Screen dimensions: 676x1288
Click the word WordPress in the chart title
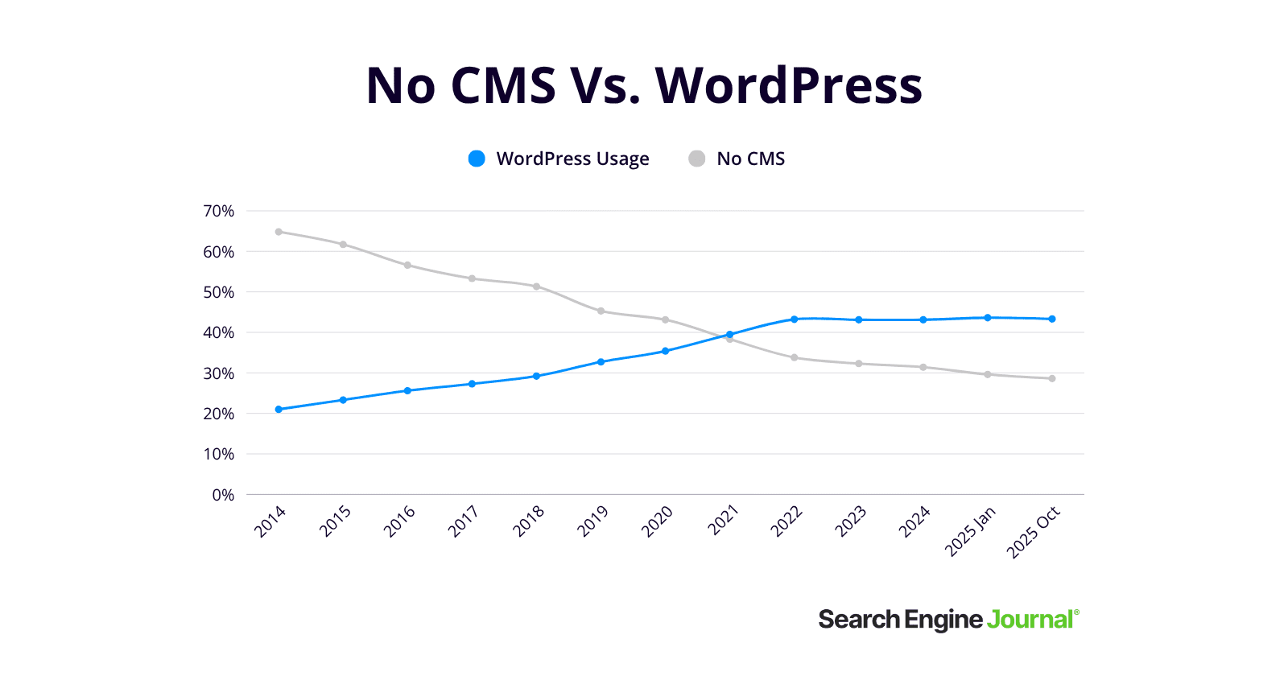[789, 85]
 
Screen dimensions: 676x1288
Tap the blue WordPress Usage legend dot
[477, 159]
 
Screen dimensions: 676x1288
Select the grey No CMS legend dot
[697, 159]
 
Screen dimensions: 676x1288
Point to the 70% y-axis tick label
[218, 211]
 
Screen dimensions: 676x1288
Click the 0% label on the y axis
[223, 495]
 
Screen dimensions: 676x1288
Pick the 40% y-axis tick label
[218, 332]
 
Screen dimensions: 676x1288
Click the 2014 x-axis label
[270, 521]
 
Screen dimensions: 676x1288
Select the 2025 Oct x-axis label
[1034, 532]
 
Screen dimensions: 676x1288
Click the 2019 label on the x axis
[593, 521]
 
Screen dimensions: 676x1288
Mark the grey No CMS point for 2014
[279, 232]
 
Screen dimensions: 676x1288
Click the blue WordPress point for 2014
[279, 410]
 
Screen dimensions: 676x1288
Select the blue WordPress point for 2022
[795, 319]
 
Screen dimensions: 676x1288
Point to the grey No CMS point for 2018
[536, 286]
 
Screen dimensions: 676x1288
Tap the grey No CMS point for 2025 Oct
[1052, 378]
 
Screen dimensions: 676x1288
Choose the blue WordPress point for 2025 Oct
[1052, 319]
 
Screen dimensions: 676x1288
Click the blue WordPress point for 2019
[601, 362]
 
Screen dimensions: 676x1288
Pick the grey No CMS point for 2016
[407, 265]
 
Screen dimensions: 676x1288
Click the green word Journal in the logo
[1030, 620]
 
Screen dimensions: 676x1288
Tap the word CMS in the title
[503, 85]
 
